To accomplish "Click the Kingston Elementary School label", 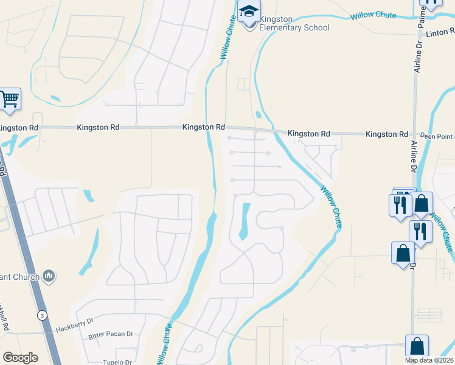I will click(294, 23).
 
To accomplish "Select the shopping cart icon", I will click(10, 99).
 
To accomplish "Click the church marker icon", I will click(49, 277).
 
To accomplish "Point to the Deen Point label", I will click(438, 136).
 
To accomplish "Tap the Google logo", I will click(20, 358).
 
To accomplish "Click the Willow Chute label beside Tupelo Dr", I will click(164, 344).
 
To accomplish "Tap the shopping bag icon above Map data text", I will click(417, 346).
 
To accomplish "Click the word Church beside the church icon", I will click(24, 277).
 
